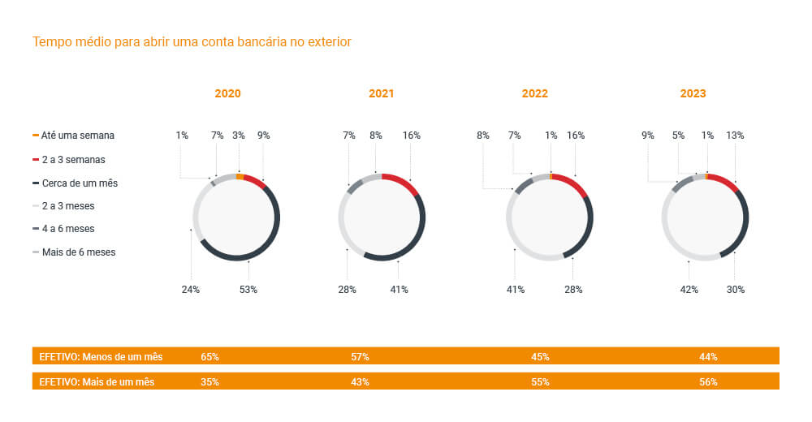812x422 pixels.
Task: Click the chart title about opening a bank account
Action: click(192, 41)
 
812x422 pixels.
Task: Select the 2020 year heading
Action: click(227, 93)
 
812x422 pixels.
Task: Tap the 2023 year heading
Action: click(693, 93)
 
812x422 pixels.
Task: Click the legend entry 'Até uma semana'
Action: click(77, 136)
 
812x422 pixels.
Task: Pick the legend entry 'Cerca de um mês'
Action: click(79, 183)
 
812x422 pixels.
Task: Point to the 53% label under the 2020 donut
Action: click(248, 290)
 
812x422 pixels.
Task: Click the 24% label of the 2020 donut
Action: click(190, 290)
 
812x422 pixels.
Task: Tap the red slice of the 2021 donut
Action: click(402, 182)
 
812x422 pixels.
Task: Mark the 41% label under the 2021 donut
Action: click(398, 290)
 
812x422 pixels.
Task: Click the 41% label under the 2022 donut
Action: click(516, 290)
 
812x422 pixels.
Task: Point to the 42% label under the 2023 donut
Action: click(689, 290)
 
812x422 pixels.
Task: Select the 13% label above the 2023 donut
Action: click(735, 136)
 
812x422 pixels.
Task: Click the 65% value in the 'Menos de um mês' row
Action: click(209, 356)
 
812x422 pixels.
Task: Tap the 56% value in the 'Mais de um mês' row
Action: click(708, 381)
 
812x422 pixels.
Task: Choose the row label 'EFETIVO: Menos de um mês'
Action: click(101, 356)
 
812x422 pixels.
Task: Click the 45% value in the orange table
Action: click(540, 356)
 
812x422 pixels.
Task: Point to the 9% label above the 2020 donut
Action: click(264, 136)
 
